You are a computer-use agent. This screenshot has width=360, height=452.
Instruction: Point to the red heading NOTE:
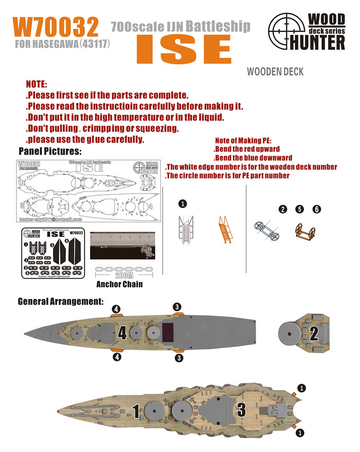[37, 84]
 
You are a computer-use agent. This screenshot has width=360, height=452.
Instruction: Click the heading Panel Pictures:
[50, 151]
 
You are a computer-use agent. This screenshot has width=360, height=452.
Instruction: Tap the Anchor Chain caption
[119, 284]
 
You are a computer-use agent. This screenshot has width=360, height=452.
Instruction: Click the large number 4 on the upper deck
[122, 333]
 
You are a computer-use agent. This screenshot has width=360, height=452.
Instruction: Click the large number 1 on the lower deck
[136, 411]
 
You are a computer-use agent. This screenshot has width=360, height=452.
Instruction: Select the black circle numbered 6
[317, 209]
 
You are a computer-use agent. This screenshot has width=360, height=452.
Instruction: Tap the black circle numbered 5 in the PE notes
[300, 209]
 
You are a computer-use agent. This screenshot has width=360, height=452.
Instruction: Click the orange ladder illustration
[225, 228]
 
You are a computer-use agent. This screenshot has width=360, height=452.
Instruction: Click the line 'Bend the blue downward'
[253, 158]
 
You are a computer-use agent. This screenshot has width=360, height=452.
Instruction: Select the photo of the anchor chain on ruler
[119, 245]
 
